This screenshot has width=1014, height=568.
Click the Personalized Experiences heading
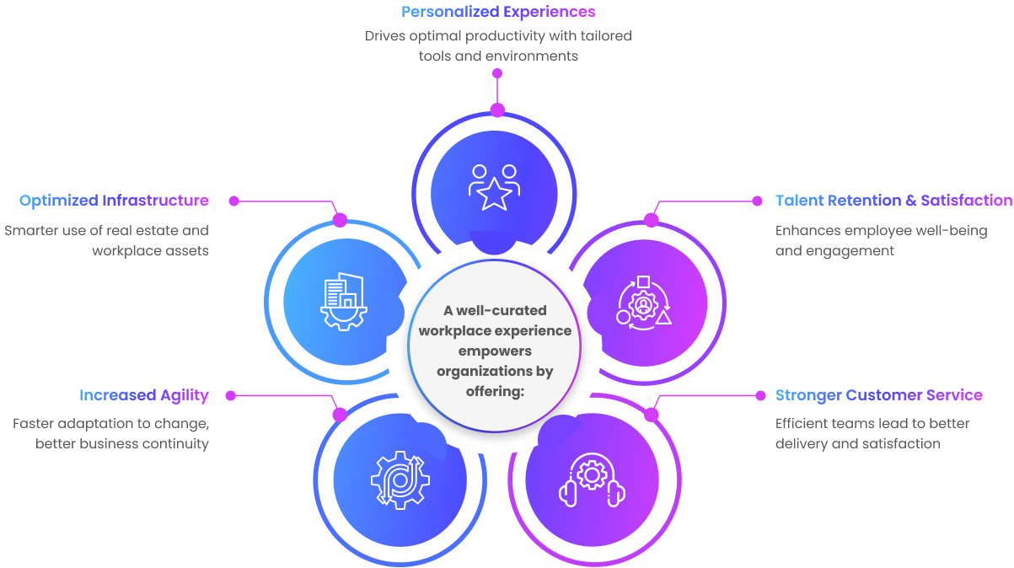498,12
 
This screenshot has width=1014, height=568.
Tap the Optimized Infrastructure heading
114,201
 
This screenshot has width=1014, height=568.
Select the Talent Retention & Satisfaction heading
893,201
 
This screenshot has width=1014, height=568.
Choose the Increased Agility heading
144,395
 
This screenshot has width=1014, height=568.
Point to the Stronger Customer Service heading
878,395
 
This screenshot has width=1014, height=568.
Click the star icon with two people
494,187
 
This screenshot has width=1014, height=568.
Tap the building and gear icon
343,301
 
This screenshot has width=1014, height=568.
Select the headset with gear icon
592,480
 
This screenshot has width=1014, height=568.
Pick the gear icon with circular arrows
400,480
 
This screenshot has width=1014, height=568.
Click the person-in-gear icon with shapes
644,301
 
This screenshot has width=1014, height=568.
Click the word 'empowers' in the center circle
495,351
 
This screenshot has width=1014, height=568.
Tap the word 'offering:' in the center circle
495,391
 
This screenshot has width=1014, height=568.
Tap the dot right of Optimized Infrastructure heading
234,201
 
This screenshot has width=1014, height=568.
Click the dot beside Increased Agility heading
230,395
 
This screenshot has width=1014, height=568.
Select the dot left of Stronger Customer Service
758,395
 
